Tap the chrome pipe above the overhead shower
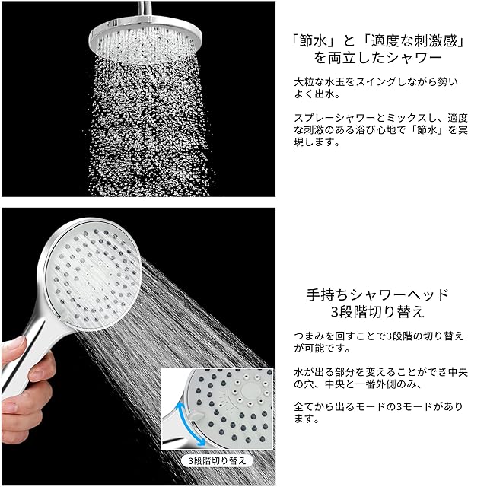pos(145,8)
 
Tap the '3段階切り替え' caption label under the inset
pos(217,460)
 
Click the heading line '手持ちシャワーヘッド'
pos(377,294)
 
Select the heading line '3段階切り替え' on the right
pos(377,311)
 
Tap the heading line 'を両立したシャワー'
pos(377,58)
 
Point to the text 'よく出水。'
pos(317,94)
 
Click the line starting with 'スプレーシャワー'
pos(380,118)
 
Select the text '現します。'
pos(317,142)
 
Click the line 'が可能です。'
pos(322,348)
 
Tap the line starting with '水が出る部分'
pos(380,372)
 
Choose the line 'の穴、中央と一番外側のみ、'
pos(358,384)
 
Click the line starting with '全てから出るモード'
pos(378,406)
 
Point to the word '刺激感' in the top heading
pos(435,40)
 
